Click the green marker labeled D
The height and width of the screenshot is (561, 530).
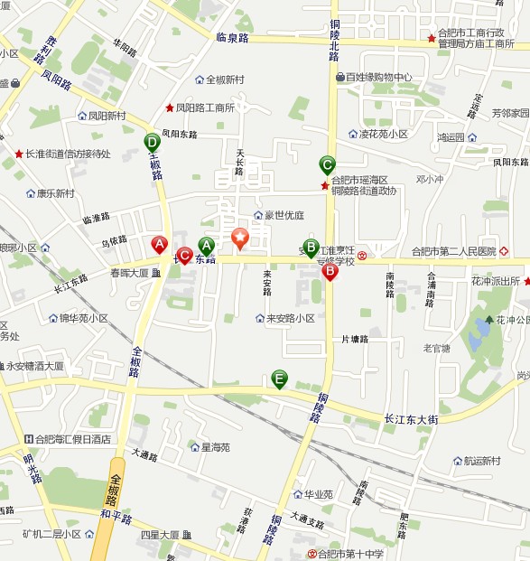point(152,142)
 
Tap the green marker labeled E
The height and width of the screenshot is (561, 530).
point(280,379)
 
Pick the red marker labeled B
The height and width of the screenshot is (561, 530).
point(330,270)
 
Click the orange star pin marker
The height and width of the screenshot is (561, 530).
point(240,239)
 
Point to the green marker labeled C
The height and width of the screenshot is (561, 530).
point(328,165)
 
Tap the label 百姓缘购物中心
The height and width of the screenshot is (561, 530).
point(378,78)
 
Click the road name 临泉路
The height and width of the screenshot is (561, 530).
point(232,38)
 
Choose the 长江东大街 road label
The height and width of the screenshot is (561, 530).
point(411,419)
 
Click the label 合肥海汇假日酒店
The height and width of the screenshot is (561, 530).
point(72,439)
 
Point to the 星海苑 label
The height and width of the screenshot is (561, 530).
point(215,446)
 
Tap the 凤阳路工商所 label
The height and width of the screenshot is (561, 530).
point(205,108)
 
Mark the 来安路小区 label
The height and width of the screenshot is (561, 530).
point(290,318)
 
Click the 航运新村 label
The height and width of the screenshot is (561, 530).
point(481,461)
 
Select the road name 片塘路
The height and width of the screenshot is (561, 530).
point(355,339)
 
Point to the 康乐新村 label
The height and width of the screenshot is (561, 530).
point(55,193)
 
